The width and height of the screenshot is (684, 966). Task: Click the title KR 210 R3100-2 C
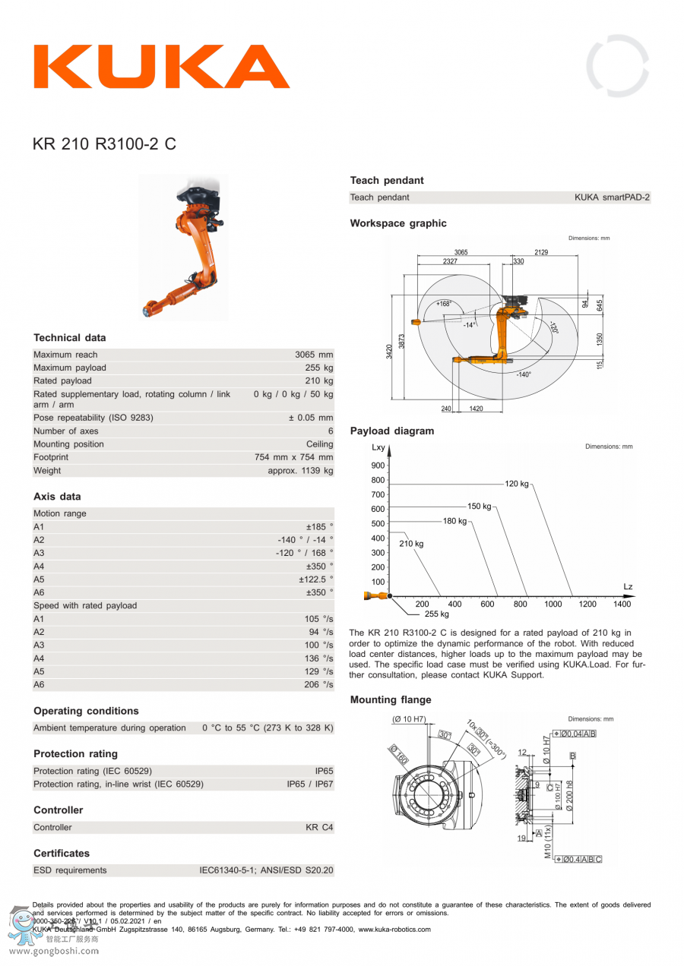104,144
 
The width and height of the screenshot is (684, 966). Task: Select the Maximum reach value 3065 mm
314,355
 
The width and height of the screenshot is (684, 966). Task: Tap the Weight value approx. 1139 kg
300,471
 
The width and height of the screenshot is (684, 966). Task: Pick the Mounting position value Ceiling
319,444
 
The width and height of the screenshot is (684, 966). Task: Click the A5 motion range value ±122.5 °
315,579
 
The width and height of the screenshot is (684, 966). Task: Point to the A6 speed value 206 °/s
318,685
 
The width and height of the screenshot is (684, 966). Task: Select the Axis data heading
57,497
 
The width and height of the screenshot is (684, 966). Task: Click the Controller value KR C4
319,828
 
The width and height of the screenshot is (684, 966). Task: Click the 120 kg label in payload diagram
516,484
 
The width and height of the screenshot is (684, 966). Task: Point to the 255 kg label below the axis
436,614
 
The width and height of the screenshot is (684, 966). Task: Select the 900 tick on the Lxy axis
378,466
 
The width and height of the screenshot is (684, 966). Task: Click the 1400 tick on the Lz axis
622,605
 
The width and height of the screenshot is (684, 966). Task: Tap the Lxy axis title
378,448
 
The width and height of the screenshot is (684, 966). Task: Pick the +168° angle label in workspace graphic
443,304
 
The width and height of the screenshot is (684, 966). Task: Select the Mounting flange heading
390,700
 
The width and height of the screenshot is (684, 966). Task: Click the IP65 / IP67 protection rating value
309,784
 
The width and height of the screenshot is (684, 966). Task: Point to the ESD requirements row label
70,870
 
